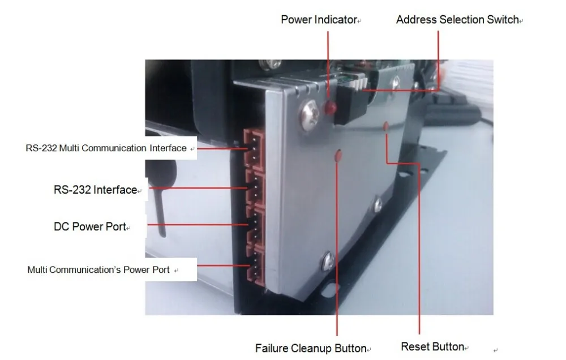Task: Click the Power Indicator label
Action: (319, 20)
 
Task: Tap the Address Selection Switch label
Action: (457, 20)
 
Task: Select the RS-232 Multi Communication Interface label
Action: (106, 148)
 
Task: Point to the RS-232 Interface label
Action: (95, 190)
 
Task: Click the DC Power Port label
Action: (89, 227)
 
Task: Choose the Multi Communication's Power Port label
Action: (98, 270)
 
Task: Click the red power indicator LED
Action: (330, 106)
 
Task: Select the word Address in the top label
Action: (413, 20)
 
